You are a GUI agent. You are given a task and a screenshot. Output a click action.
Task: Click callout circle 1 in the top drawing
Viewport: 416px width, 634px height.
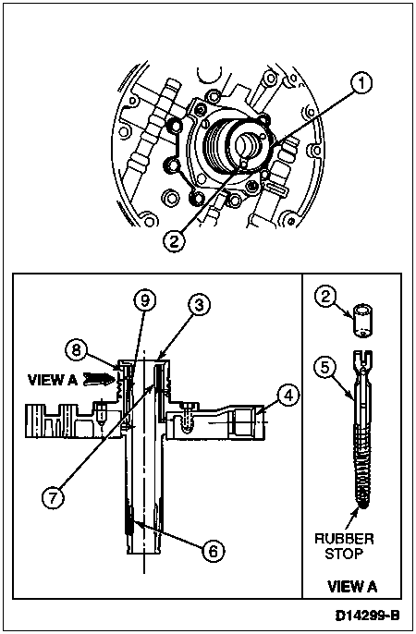(361, 82)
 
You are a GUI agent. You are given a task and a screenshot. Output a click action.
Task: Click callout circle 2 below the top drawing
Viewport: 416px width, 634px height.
(174, 241)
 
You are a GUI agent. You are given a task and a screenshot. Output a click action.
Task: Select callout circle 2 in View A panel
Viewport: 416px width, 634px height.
(325, 298)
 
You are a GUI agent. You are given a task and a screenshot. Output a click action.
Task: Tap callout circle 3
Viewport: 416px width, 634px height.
(200, 305)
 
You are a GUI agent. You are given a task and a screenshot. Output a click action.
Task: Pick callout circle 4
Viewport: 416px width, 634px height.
(288, 396)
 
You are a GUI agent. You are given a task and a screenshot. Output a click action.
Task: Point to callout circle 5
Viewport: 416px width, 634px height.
(325, 367)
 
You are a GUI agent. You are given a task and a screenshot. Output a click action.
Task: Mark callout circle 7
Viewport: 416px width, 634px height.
(54, 498)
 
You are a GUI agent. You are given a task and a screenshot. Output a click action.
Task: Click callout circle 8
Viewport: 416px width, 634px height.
(76, 349)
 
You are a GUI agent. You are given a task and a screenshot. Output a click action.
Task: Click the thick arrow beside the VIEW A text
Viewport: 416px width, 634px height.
(97, 379)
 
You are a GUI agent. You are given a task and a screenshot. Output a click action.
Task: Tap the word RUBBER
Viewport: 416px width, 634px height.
(344, 539)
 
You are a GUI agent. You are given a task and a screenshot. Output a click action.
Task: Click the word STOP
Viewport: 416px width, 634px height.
(344, 554)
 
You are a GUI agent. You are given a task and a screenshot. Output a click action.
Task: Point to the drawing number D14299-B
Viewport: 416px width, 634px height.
(367, 616)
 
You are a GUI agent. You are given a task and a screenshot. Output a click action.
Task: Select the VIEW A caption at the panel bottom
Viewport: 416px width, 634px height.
(351, 586)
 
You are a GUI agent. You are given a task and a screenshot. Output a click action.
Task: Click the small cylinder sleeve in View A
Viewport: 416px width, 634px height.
(363, 321)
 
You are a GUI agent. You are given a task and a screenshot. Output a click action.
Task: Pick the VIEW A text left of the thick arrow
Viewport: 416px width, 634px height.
(52, 380)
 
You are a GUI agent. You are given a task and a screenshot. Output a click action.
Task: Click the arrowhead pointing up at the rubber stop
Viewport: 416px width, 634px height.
(356, 512)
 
